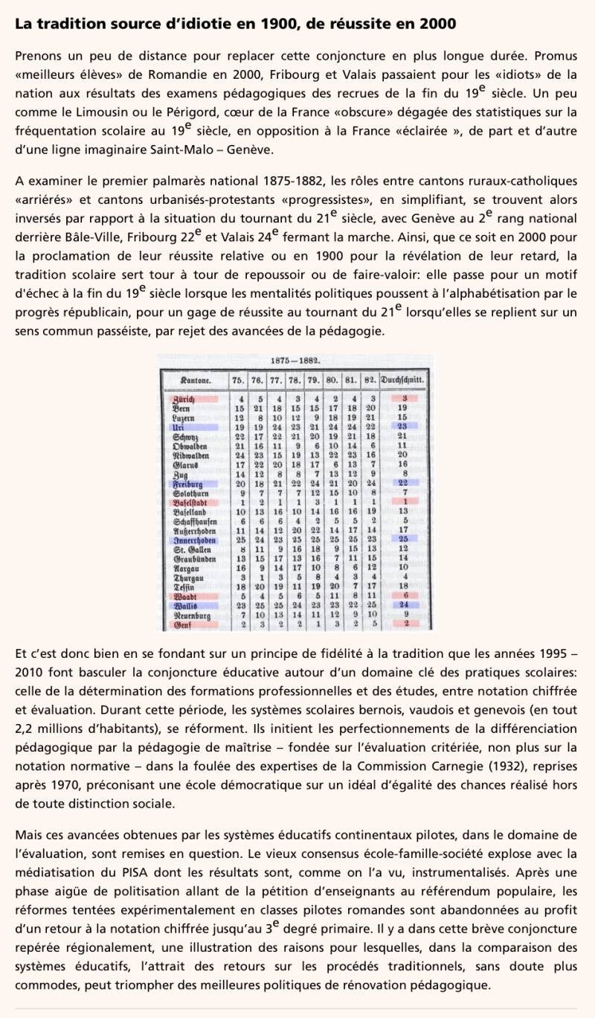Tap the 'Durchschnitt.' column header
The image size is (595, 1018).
click(403, 381)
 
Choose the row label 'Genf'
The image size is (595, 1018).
click(181, 624)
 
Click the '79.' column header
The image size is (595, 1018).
click(314, 381)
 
